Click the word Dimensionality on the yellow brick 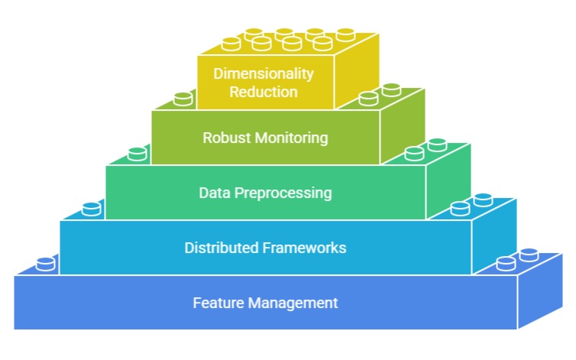pyautogui.click(x=264, y=74)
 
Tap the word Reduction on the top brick pyautogui.click(x=265, y=92)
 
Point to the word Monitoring pyautogui.click(x=287, y=138)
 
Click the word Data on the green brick pyautogui.click(x=213, y=193)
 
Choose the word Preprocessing pyautogui.click(x=282, y=193)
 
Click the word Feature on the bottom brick pyautogui.click(x=215, y=303)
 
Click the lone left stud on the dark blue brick pyautogui.click(x=46, y=264)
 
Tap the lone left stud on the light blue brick pyautogui.click(x=92, y=209)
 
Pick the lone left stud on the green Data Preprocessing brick pyautogui.click(x=138, y=154)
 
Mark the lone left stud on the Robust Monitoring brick pyautogui.click(x=183, y=99)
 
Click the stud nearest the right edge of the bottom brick pyautogui.click(x=529, y=255)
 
